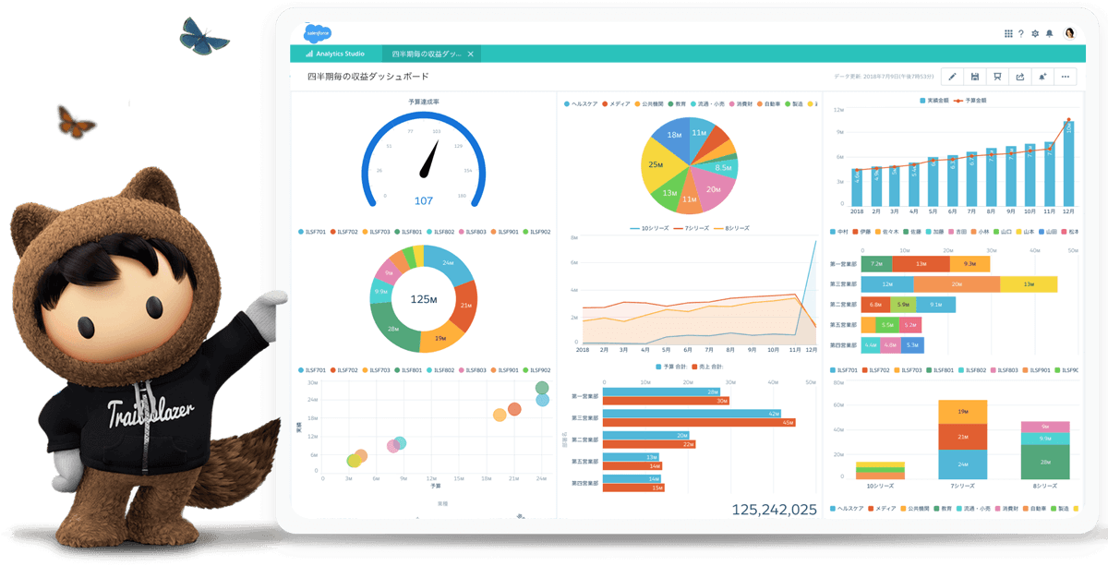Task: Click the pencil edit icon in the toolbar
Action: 952,77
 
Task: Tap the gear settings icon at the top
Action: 1035,33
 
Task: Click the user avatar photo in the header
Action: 1070,33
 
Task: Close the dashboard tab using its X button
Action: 470,54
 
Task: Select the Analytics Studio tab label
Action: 335,54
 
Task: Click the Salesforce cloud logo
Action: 317,32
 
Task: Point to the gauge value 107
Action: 424,200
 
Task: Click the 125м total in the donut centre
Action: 424,299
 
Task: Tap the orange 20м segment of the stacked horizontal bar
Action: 957,284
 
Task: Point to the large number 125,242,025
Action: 774,509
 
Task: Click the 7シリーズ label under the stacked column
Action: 962,487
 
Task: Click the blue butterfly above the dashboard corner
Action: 203,36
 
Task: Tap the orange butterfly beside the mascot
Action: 76,120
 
